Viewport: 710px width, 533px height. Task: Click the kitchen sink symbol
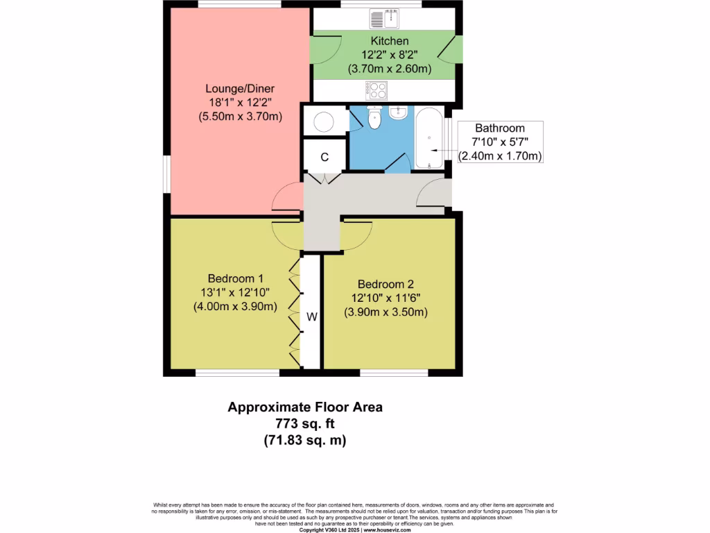381,19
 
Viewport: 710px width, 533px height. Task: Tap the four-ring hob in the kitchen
377,90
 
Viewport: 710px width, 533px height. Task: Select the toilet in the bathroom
374,119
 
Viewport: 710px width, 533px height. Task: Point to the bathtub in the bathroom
430,138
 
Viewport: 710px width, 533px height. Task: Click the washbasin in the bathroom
399,113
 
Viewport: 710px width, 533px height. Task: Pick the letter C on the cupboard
324,157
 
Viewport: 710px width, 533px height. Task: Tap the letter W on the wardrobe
312,317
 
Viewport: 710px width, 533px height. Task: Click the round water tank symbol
324,123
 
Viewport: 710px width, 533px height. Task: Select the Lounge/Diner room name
240,89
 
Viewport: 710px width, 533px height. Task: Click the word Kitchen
389,42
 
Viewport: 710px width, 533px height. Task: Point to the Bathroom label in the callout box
499,128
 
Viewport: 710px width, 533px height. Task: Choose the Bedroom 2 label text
386,284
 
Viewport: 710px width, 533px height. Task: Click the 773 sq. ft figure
305,423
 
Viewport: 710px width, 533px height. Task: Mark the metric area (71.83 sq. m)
305,440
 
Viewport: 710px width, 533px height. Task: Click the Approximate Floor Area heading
305,407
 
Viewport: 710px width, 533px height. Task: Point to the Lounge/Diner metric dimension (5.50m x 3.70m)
240,117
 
